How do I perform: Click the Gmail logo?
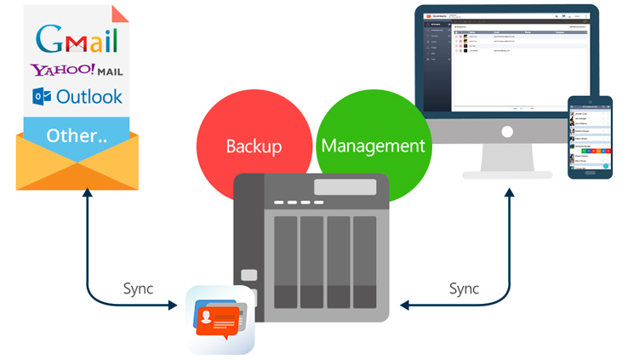pos(77,38)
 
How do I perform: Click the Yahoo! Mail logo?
pos(76,70)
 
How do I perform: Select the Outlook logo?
pos(77,96)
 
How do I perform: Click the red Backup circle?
pos(253,146)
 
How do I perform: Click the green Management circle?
pos(372,146)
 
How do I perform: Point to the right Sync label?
pos(465,288)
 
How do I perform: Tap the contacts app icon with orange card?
pos(220,319)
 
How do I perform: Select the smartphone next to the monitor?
pos(590,137)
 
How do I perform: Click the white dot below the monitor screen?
pos(507,133)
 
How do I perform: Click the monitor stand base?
pos(507,174)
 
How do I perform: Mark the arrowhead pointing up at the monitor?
pos(509,194)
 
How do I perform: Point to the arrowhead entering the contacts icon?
pos(180,305)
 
